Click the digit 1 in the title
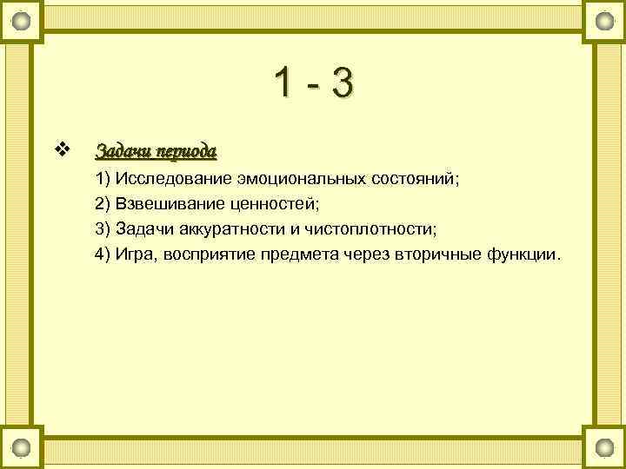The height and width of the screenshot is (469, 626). point(283,85)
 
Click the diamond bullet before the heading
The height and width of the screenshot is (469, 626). point(61,149)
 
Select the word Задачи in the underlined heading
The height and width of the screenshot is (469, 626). point(121,151)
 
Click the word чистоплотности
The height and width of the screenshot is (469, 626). point(369,229)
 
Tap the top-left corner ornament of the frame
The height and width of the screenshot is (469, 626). point(23,19)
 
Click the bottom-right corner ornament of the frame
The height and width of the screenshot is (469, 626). point(603,448)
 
